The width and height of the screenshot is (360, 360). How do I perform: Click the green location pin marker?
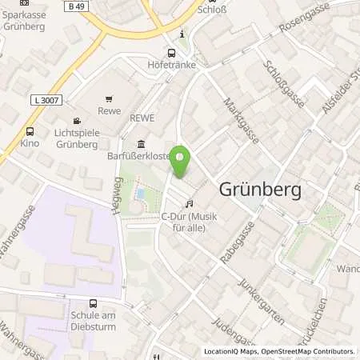tap(181, 162)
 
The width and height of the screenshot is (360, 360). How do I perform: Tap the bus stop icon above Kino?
tap(30, 132)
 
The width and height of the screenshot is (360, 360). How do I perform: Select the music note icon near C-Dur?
tap(189, 204)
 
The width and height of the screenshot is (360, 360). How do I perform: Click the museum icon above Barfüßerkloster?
tap(141, 144)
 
